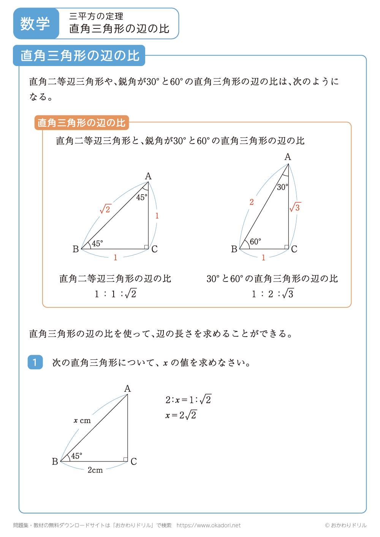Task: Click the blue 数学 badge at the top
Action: pyautogui.click(x=35, y=24)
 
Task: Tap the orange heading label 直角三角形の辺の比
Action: pyautogui.click(x=81, y=123)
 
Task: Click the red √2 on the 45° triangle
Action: pyautogui.click(x=105, y=209)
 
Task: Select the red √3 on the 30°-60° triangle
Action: pyautogui.click(x=295, y=207)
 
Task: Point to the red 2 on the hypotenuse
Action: pyautogui.click(x=252, y=202)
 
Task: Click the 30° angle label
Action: pyautogui.click(x=282, y=187)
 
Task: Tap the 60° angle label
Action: pyautogui.click(x=255, y=242)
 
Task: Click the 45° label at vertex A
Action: pyautogui.click(x=142, y=197)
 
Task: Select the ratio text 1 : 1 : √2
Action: pyautogui.click(x=116, y=294)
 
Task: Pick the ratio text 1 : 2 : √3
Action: pyautogui.click(x=272, y=294)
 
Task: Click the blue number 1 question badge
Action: pyautogui.click(x=35, y=362)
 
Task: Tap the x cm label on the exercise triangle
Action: pyautogui.click(x=82, y=420)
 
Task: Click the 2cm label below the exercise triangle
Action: pyautogui.click(x=95, y=470)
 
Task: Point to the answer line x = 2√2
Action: pyautogui.click(x=181, y=415)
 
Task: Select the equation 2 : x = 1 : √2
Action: pyautogui.click(x=188, y=400)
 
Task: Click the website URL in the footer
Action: pyautogui.click(x=209, y=525)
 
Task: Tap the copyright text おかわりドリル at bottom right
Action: pyautogui.click(x=346, y=525)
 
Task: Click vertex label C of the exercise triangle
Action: pyautogui.click(x=134, y=462)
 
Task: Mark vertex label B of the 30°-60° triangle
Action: pyautogui.click(x=234, y=249)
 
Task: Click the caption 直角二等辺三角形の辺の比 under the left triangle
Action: pyautogui.click(x=115, y=279)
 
